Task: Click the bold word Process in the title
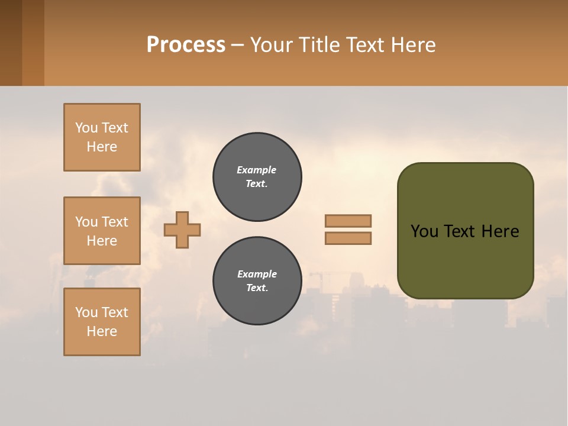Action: pos(186,45)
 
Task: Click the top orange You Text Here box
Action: pos(102,137)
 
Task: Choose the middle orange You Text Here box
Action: pos(102,231)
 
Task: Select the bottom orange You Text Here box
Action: pos(102,322)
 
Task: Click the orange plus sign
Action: pos(182,230)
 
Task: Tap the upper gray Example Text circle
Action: pos(257,177)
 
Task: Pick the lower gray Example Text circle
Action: pos(257,281)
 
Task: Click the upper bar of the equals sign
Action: pos(348,221)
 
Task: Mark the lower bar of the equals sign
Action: pos(348,238)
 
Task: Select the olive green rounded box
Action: pos(465,231)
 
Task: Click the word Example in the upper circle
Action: pos(257,170)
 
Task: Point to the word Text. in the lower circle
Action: pos(257,288)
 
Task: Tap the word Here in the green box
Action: pos(500,231)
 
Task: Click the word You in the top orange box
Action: pos(86,128)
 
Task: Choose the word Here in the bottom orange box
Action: pos(102,331)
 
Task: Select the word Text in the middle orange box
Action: pos(115,222)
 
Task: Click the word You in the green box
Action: pos(424,231)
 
